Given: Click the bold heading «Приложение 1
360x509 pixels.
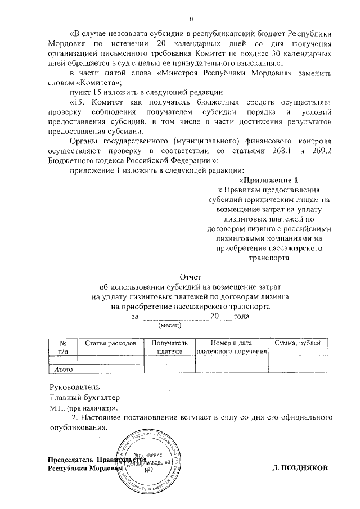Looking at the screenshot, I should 268,180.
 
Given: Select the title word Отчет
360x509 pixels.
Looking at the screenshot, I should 189,276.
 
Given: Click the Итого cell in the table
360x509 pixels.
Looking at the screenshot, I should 62,369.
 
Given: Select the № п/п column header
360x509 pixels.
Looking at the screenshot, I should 62,347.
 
